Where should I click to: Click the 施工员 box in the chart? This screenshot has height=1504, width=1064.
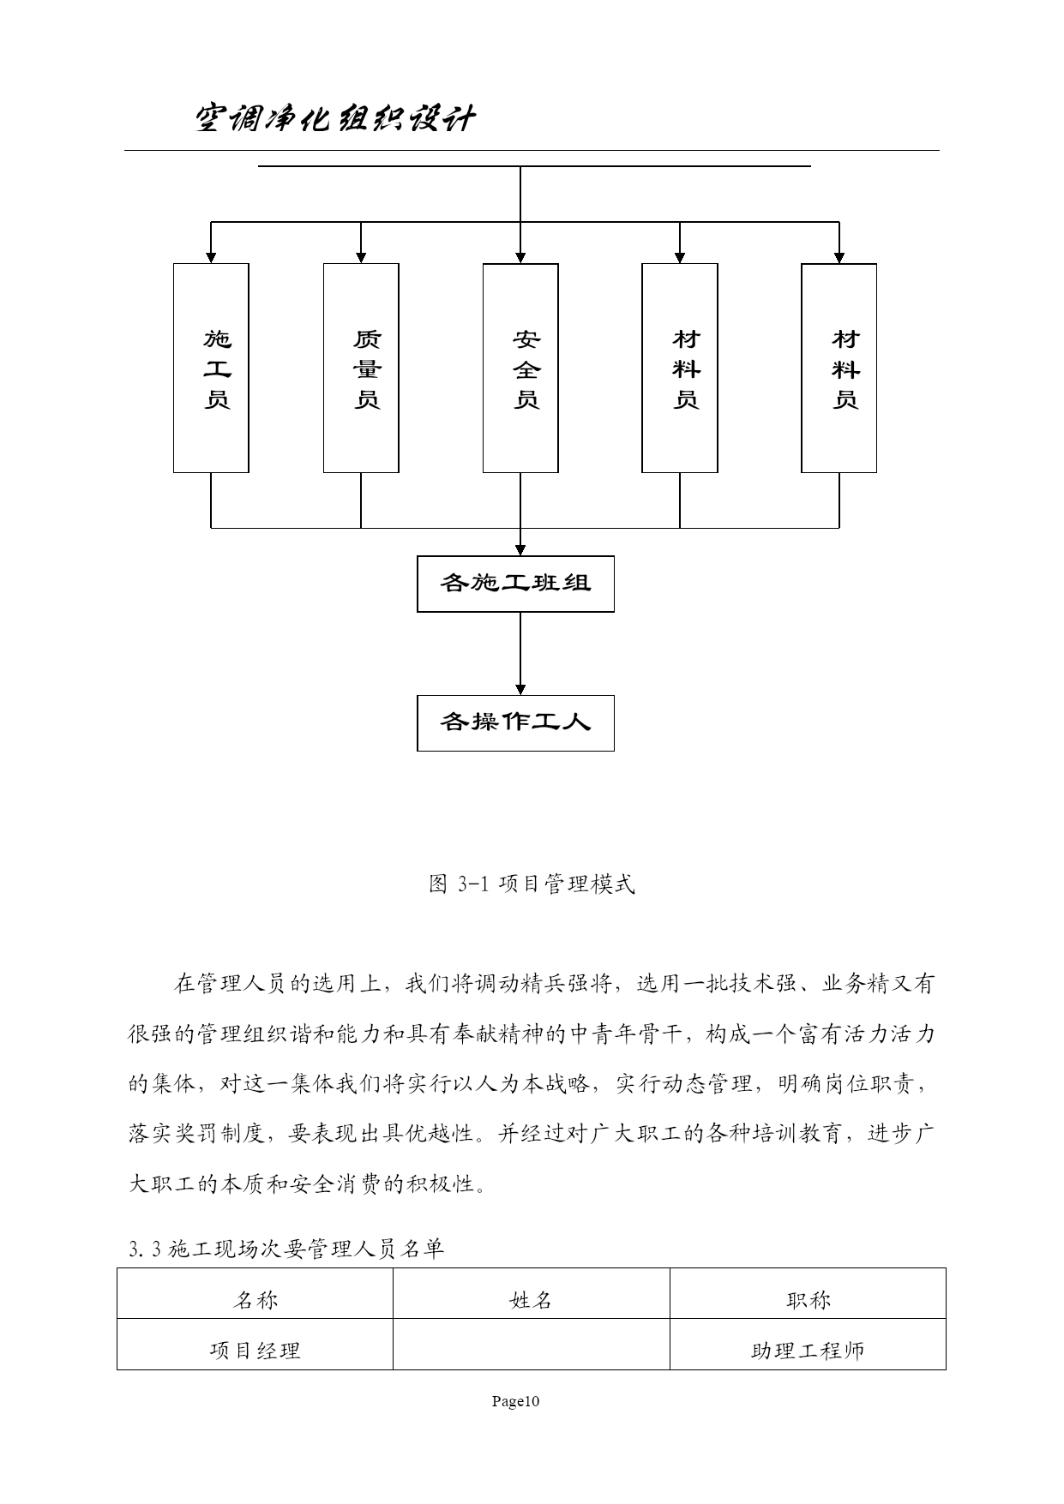(x=211, y=368)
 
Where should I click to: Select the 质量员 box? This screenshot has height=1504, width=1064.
(x=361, y=368)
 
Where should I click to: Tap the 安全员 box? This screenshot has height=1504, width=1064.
(x=520, y=368)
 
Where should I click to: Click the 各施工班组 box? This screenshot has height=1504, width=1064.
(x=515, y=584)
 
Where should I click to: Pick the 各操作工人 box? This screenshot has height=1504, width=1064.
(x=515, y=723)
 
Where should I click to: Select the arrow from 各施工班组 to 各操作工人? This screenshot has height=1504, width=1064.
(x=520, y=654)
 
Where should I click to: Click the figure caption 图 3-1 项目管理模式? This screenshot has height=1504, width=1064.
(x=532, y=884)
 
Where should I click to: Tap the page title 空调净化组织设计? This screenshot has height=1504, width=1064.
(x=334, y=119)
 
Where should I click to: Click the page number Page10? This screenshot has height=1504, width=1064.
(x=515, y=1401)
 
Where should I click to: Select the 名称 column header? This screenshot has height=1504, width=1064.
(x=255, y=1300)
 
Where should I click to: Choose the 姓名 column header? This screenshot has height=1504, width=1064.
(x=531, y=1300)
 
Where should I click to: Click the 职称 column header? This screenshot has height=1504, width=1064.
(x=808, y=1300)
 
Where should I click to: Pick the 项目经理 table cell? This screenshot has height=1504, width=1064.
(x=255, y=1351)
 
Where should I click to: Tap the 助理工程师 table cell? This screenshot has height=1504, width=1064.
(x=808, y=1351)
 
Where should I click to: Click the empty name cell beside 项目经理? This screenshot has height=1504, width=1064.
(x=531, y=1344)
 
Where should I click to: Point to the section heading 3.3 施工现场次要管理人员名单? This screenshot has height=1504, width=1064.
(x=286, y=1249)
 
